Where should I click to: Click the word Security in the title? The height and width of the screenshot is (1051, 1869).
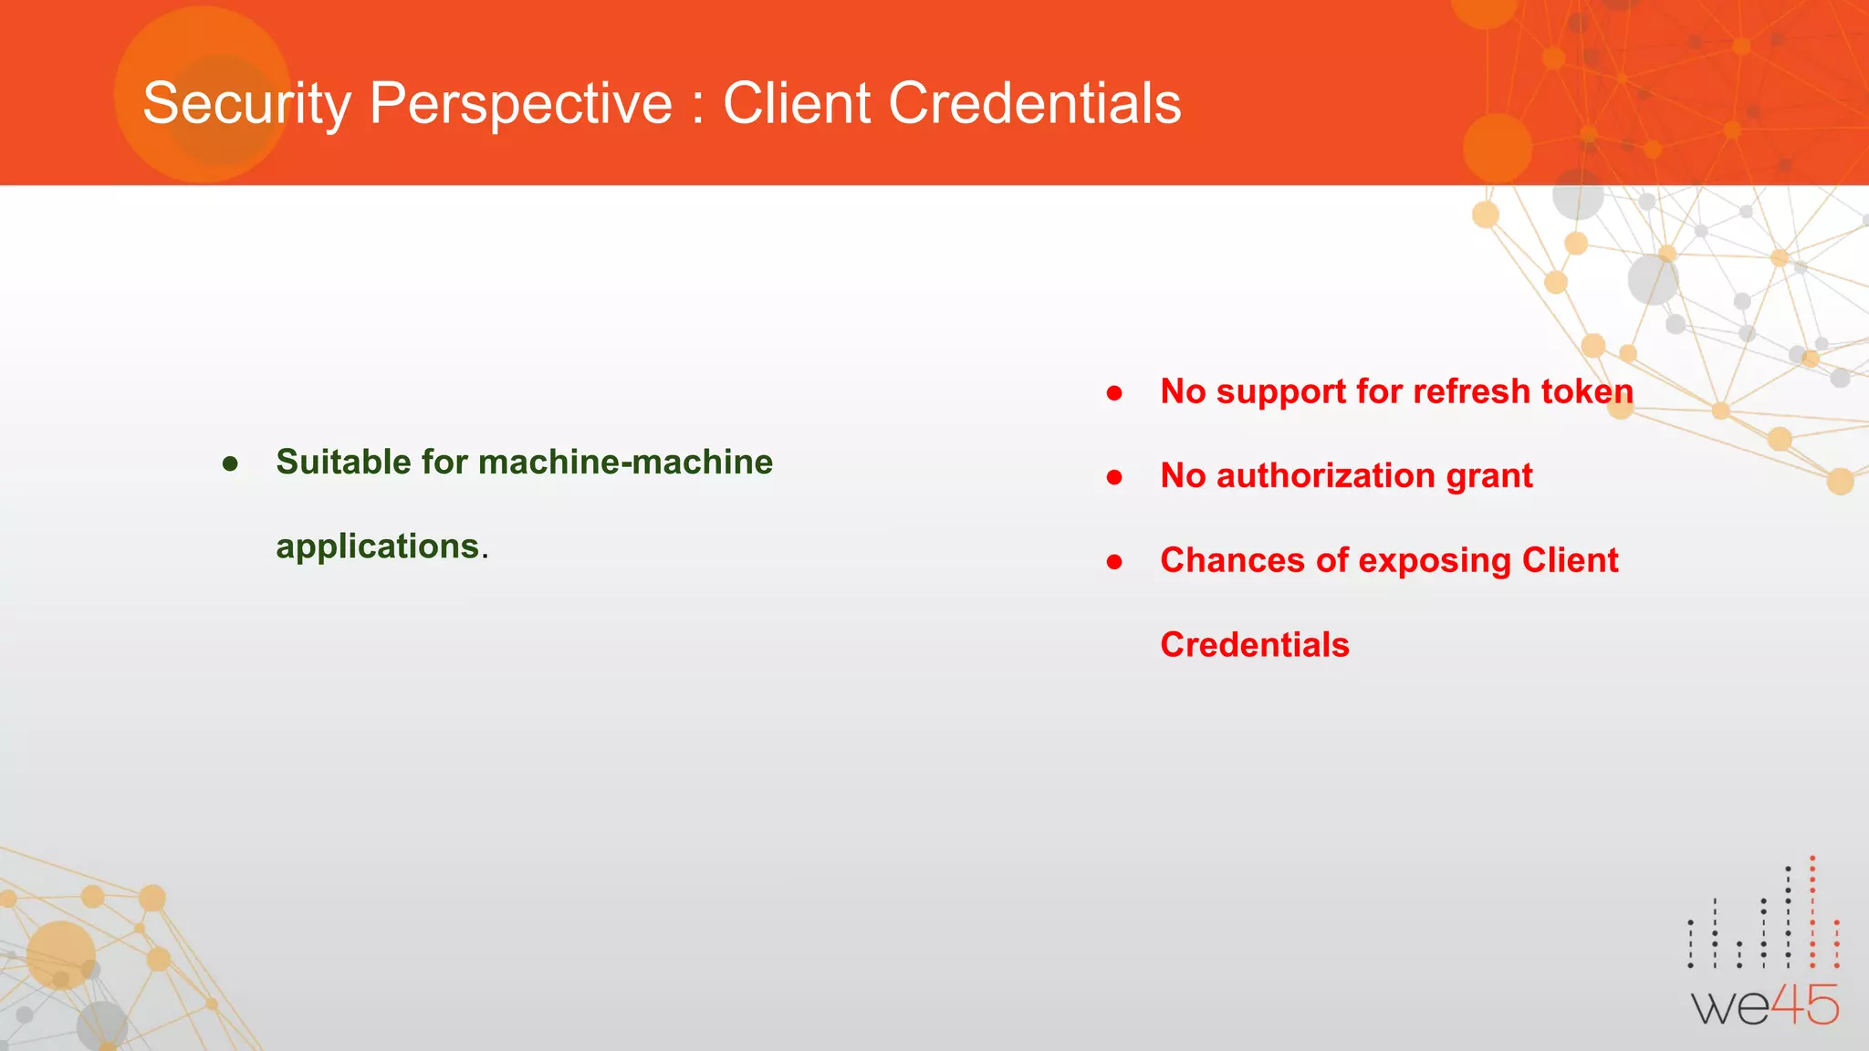(246, 103)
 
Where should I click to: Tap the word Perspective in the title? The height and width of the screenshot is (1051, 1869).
(520, 103)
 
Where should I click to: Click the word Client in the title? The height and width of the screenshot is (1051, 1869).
(796, 103)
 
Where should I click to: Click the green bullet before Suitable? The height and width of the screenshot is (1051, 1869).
(230, 464)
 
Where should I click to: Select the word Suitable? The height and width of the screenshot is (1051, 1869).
(343, 462)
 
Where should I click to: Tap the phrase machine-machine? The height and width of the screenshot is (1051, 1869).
(625, 462)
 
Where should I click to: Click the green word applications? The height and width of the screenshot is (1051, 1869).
(378, 546)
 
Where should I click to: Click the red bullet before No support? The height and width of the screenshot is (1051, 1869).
(1114, 393)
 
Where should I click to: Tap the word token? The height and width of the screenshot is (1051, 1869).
(1587, 391)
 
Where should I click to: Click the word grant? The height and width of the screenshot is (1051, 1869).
(1489, 476)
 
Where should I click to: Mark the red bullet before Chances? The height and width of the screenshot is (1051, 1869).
(1114, 562)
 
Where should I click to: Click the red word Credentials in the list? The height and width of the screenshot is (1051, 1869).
(1254, 645)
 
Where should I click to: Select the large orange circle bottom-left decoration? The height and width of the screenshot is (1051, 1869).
(61, 954)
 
